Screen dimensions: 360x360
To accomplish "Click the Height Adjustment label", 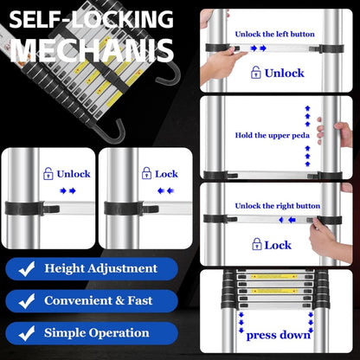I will click(101, 268).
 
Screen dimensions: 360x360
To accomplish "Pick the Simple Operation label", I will click(97, 332).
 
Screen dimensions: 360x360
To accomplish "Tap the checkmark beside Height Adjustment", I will click(27, 268).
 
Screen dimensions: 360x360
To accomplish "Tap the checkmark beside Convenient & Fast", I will click(27, 300).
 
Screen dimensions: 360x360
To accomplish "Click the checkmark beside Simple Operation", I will click(27, 332).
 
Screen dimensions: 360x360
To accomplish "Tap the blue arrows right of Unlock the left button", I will click(257, 48).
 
